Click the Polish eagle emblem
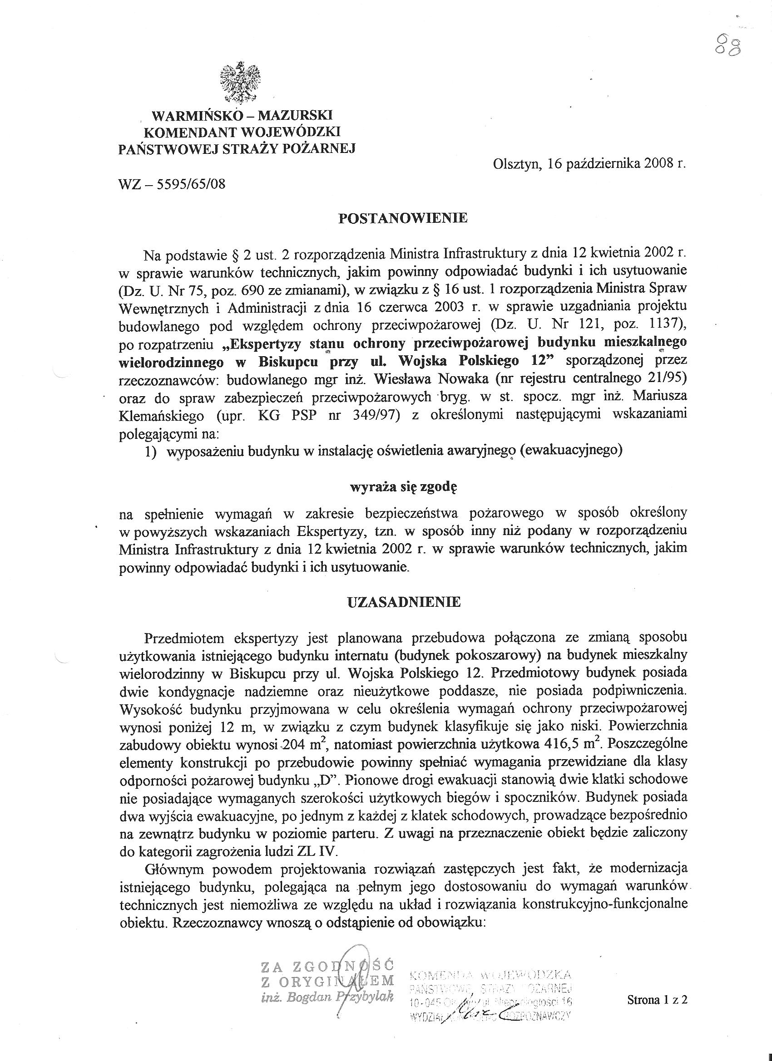point(240,83)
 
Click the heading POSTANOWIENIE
point(403,218)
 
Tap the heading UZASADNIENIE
point(404,602)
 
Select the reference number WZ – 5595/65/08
point(172,184)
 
